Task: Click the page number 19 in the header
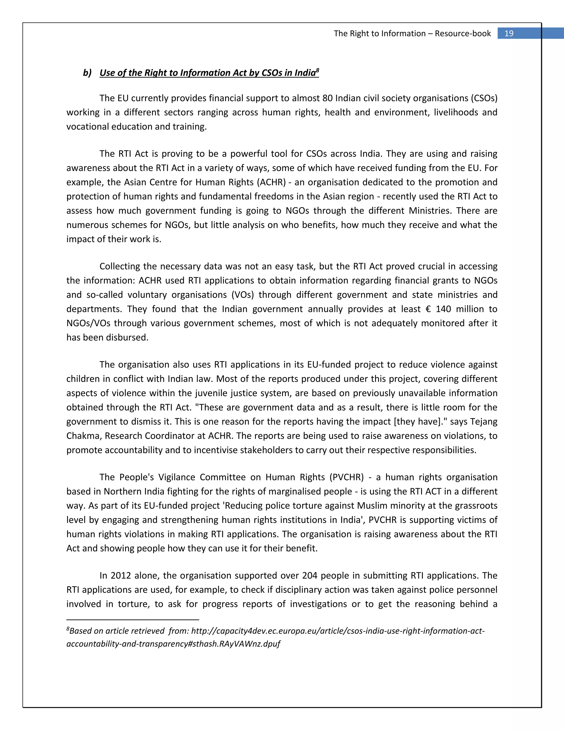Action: click(509, 33)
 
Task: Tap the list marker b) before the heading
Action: click(87, 73)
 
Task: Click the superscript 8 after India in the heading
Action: click(318, 70)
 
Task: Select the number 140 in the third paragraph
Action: click(443, 309)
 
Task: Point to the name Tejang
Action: click(484, 422)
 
